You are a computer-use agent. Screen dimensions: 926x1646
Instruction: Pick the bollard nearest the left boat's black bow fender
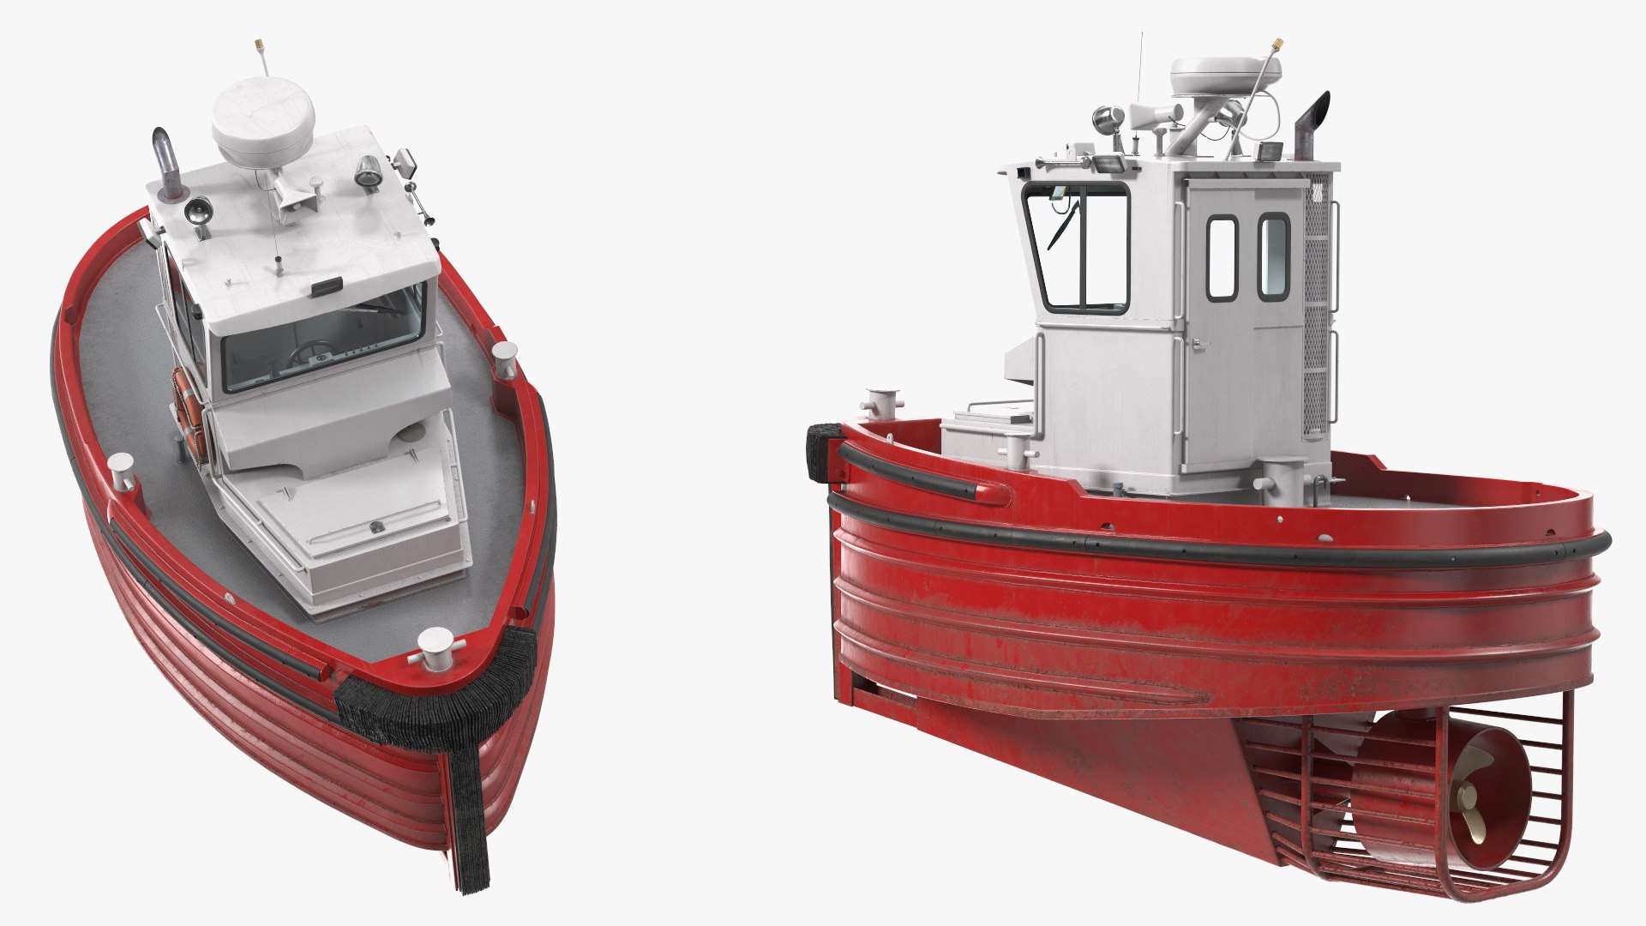pyautogui.click(x=436, y=643)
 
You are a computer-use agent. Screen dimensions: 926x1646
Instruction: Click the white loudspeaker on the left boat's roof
pyautogui.click(x=291, y=199)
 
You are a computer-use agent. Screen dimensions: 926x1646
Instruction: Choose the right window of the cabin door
pyautogui.click(x=1274, y=256)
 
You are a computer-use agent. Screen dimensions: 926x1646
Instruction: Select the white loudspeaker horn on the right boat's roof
pyautogui.click(x=1149, y=116)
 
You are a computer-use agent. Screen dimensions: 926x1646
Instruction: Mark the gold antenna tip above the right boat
pyautogui.click(x=1277, y=41)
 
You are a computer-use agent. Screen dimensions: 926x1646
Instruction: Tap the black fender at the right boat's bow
pyautogui.click(x=819, y=451)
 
